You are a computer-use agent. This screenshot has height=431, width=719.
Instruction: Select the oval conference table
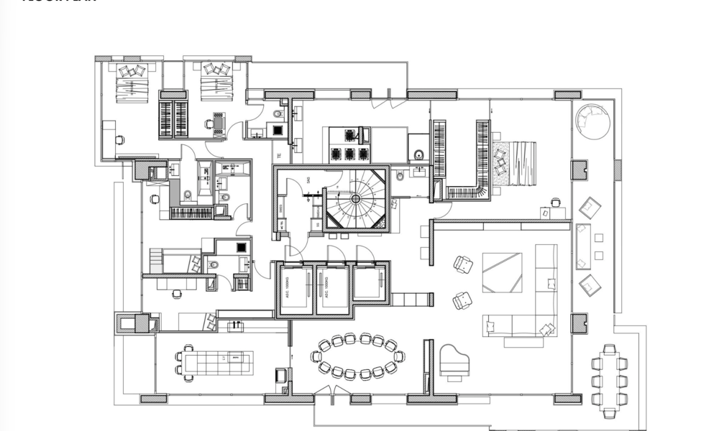point(358,356)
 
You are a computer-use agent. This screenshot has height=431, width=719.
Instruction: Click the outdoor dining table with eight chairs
point(609,381)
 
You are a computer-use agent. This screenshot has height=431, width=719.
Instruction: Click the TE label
point(278,156)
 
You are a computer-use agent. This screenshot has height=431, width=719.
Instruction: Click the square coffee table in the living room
point(503,272)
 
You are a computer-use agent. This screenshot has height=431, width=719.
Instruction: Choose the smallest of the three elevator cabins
point(370,284)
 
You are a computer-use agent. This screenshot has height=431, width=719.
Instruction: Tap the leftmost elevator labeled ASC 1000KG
point(296,289)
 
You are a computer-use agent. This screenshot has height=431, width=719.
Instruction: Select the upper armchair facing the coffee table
point(464,265)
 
